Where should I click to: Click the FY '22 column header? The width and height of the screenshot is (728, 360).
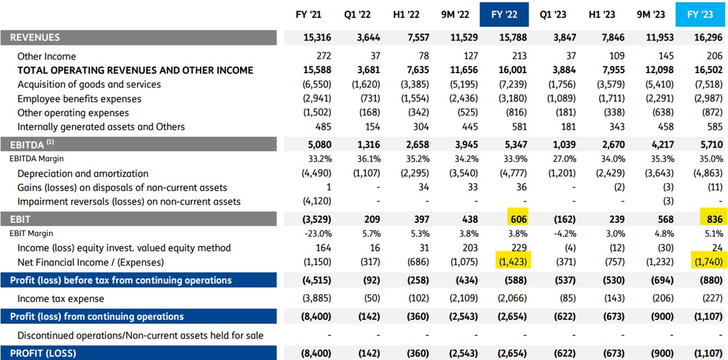point(504,15)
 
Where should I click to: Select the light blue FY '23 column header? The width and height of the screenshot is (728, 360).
point(700,15)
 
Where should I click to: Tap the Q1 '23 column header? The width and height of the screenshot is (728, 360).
point(553,15)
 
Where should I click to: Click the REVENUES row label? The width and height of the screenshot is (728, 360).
point(35,37)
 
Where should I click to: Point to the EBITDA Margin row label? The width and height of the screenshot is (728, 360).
point(37,159)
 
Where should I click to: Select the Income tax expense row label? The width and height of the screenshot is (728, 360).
point(61,299)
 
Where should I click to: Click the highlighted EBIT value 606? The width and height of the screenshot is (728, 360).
point(518,219)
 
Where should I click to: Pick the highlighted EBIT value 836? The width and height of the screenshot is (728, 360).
point(715,219)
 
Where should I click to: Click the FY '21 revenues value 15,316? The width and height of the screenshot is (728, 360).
point(317,37)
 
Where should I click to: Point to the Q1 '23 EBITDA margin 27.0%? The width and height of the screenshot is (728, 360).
point(564,159)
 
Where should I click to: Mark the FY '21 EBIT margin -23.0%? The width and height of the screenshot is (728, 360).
point(318,234)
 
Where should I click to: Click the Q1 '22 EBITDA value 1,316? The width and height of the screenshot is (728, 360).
point(369,145)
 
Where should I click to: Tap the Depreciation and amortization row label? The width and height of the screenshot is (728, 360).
point(83,174)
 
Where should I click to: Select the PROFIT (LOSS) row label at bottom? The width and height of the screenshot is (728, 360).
point(43,353)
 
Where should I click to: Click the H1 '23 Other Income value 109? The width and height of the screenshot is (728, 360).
point(617,56)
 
